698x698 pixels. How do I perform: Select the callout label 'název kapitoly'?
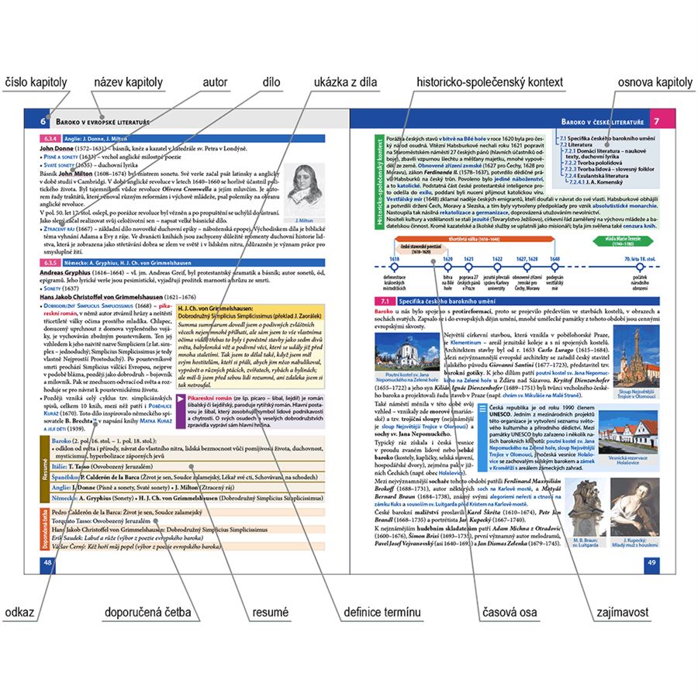pyautogui.click(x=128, y=81)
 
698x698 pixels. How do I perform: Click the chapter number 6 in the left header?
pyautogui.click(x=44, y=120)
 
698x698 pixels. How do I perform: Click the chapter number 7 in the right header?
pyautogui.click(x=656, y=121)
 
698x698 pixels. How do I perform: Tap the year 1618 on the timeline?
pyautogui.click(x=394, y=258)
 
